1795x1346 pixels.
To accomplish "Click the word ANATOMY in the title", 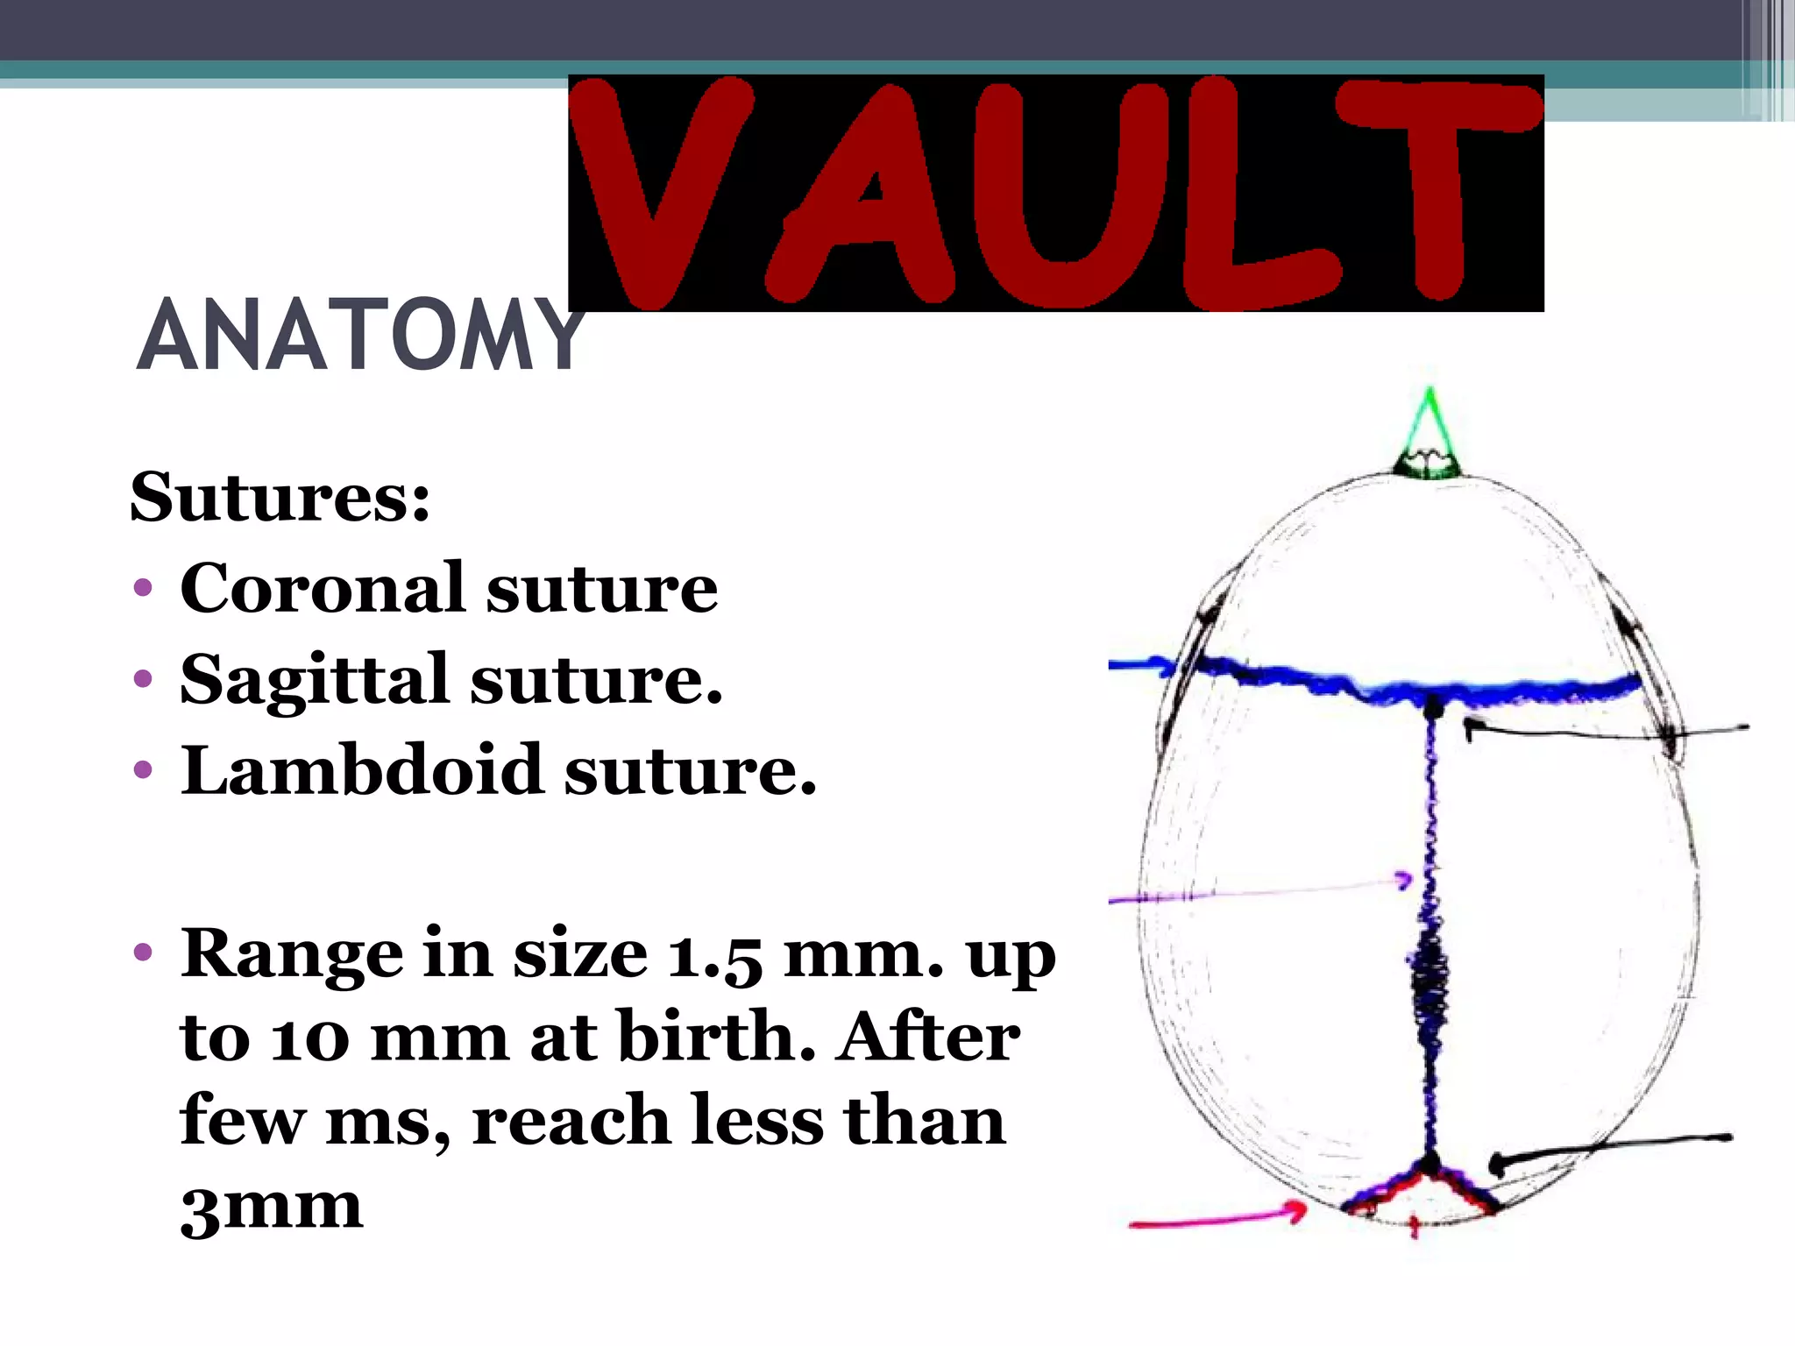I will tap(359, 336).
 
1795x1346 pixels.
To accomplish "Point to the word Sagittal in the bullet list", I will tap(314, 680).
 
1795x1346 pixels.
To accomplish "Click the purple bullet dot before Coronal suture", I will tap(143, 588).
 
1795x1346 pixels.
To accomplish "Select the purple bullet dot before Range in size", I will tap(143, 953).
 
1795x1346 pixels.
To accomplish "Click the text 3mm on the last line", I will tap(271, 1208).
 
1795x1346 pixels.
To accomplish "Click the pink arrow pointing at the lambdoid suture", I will tap(1218, 1218).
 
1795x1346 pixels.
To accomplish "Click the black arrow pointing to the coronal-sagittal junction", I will tap(1604, 730).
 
